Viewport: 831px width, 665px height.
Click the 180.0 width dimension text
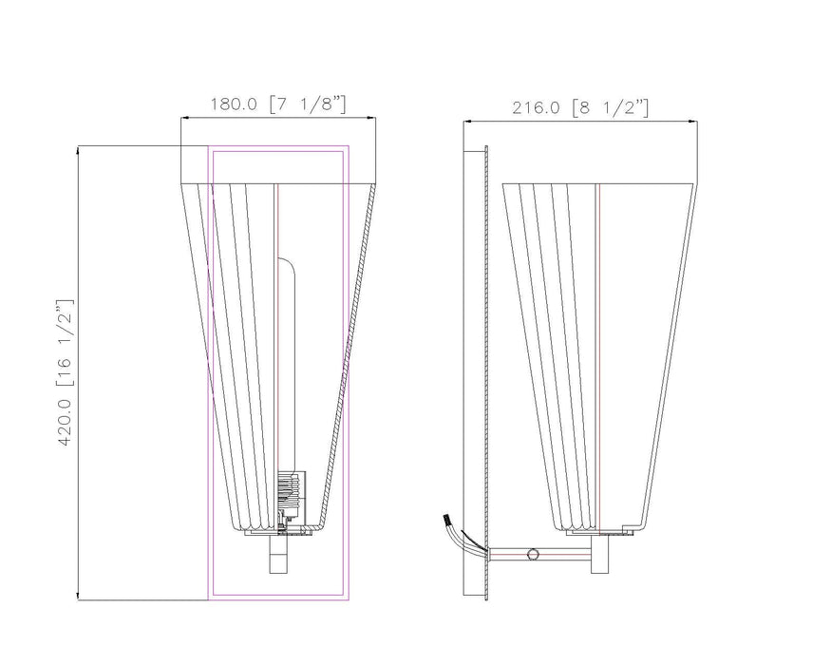point(233,105)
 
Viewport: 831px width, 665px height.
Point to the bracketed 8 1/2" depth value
point(611,108)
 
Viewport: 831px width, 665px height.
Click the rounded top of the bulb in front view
point(288,260)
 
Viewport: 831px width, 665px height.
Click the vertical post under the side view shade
point(599,556)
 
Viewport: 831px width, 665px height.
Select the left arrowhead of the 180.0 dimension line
point(184,118)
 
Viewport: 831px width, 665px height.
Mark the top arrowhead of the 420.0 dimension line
point(78,149)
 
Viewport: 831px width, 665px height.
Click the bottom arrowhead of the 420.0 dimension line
point(78,597)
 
